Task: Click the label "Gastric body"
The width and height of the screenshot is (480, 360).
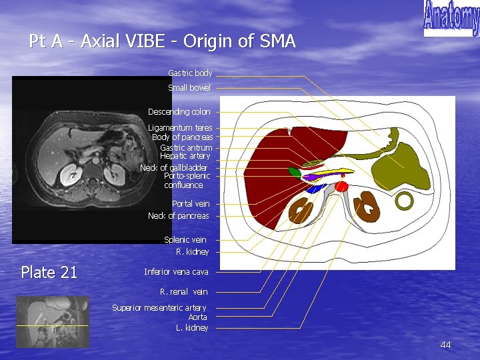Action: coord(190,73)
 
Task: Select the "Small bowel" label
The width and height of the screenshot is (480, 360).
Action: coord(189,87)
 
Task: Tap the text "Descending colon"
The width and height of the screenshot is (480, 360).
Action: coord(179,111)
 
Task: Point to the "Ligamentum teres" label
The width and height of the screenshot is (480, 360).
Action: coord(180,127)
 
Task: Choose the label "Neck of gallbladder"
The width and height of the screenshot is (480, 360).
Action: coord(173,167)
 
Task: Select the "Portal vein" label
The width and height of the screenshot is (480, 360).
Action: coord(191,204)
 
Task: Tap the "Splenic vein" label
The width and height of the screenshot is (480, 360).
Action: coord(185,239)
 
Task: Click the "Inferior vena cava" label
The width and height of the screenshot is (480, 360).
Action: coord(176,272)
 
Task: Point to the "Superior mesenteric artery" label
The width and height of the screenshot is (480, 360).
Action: coord(159,307)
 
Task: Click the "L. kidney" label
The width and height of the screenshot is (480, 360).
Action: coord(192,328)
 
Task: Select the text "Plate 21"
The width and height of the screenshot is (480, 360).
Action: coord(49,272)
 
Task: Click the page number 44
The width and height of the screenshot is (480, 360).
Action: coord(445,345)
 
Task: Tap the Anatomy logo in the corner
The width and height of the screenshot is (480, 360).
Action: coord(451,19)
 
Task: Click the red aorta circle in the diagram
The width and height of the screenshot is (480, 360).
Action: coord(341,187)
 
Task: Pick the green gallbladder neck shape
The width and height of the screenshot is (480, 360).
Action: coord(294,172)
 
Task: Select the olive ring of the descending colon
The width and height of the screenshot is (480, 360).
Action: coord(405,199)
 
